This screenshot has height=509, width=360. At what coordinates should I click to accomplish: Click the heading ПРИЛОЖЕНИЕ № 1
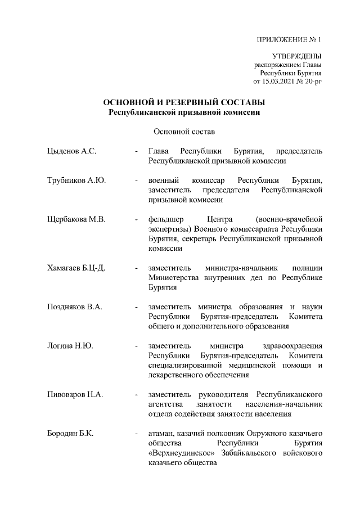(289, 39)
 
